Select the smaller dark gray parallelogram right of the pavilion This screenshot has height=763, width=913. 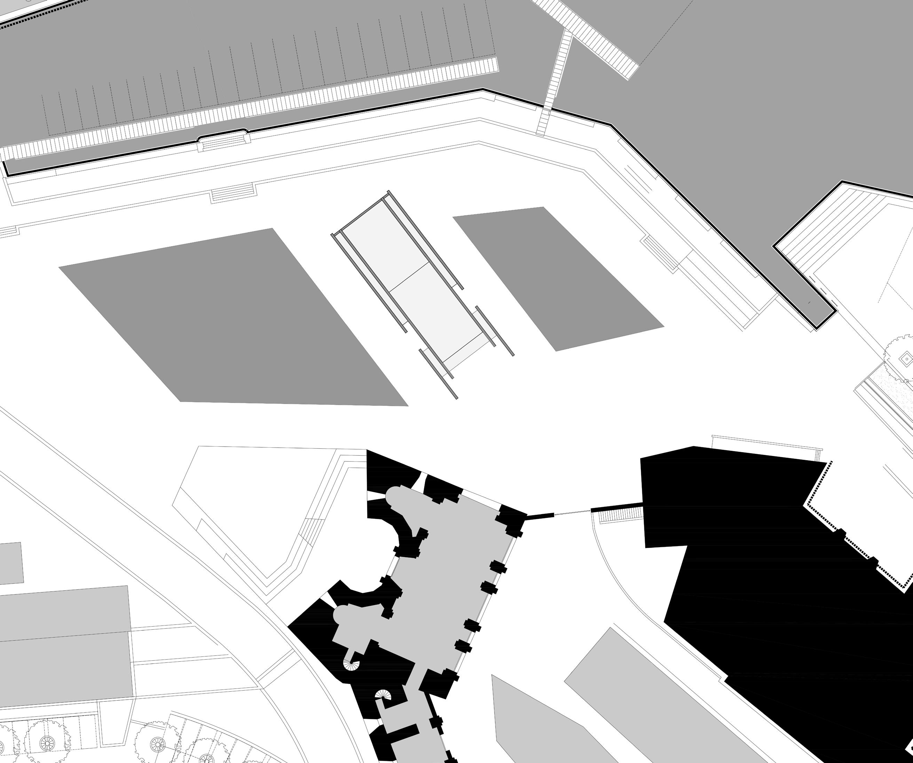(556, 278)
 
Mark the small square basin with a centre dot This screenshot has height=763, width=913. (906, 359)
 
